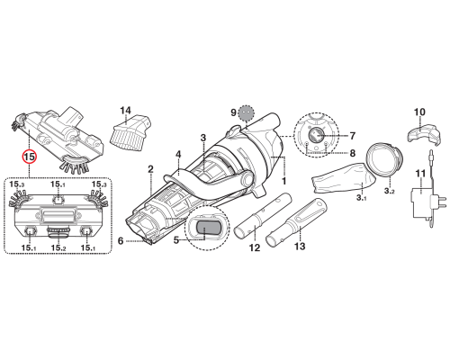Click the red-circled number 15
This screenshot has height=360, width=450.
click(x=30, y=157)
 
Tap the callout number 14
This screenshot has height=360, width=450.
click(x=125, y=111)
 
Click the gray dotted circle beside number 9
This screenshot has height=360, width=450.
click(x=246, y=113)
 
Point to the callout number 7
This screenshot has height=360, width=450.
click(x=353, y=136)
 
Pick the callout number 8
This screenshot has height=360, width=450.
click(x=353, y=153)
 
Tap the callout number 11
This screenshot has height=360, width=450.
click(x=420, y=174)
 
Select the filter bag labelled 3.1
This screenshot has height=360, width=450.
click(x=343, y=177)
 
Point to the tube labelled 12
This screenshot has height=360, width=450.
click(x=263, y=215)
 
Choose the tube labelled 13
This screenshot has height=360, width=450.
click(x=296, y=221)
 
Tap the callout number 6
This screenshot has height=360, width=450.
click(x=121, y=240)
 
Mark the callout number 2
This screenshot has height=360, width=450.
click(x=150, y=169)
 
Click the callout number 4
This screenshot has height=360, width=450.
click(x=178, y=155)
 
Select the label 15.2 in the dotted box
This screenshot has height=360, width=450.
click(x=58, y=247)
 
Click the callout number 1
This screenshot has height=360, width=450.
click(x=283, y=181)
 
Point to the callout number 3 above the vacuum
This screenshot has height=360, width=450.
click(x=203, y=138)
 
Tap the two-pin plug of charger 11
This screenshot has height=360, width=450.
click(x=439, y=202)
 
